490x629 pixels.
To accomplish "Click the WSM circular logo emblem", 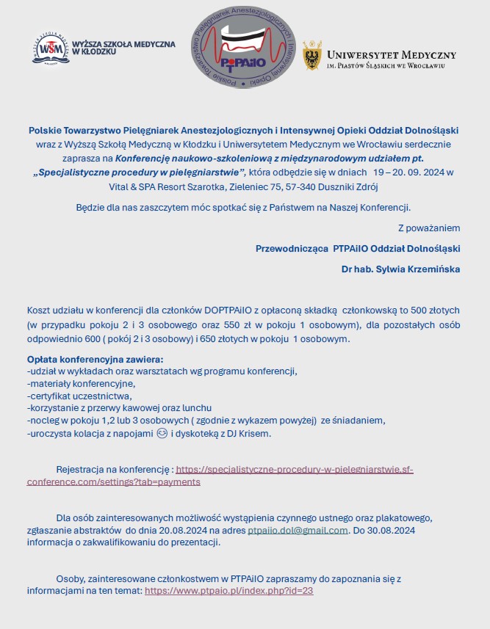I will click(x=51, y=48).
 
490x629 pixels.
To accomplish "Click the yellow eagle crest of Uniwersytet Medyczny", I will click(x=312, y=56).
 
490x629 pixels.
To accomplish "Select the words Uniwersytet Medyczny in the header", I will click(x=391, y=54).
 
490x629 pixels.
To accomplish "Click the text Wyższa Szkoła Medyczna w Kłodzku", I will click(x=123, y=48).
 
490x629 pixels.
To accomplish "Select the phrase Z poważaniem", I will click(x=429, y=228).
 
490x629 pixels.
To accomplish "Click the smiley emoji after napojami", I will click(x=162, y=434).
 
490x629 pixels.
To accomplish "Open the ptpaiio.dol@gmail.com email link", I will click(x=298, y=530).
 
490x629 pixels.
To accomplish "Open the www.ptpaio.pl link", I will click(x=229, y=590).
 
